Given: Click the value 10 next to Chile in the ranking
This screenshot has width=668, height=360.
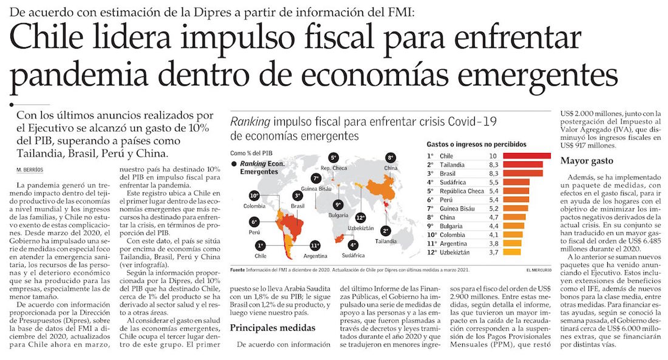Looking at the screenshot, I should pos(493,156).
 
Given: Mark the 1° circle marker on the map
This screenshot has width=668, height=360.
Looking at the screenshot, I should pos(261,245).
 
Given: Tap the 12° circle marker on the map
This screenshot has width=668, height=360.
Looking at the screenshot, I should pos(361,217).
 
